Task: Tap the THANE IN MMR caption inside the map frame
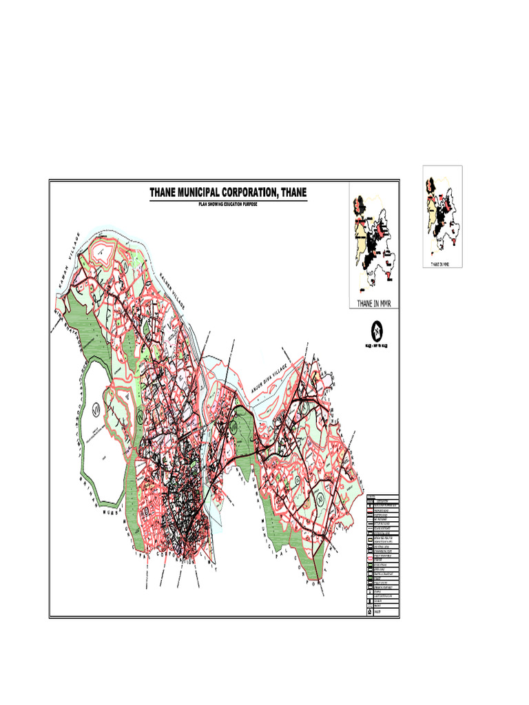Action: [374, 303]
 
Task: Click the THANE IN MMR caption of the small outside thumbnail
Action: [442, 263]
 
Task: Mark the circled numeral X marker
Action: [234, 427]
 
